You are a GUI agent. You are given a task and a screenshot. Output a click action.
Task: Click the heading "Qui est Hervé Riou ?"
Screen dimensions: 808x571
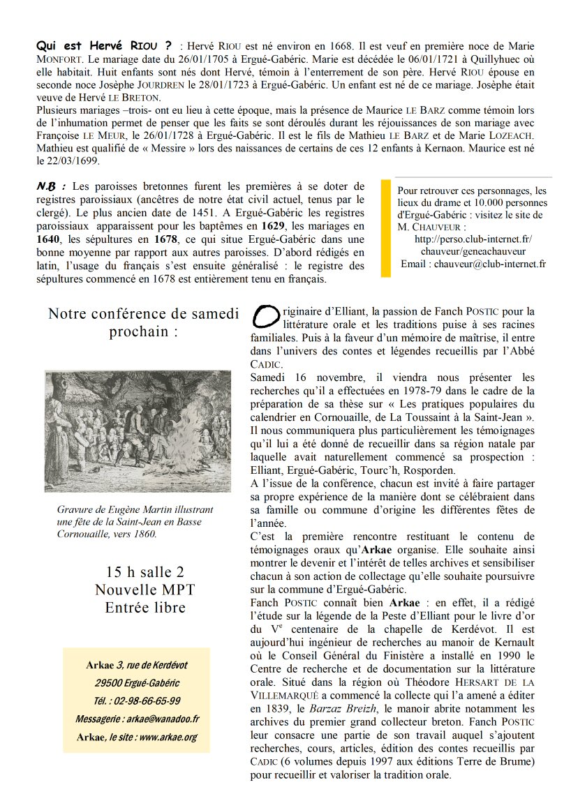coord(104,46)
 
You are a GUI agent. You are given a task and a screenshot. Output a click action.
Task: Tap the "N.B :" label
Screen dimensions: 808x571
coord(51,186)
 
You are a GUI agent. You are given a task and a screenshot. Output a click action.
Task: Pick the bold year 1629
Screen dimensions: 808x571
coord(274,226)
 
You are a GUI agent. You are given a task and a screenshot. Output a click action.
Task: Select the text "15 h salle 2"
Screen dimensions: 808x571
coord(145,573)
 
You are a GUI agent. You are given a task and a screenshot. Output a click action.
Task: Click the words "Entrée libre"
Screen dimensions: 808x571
coord(145,608)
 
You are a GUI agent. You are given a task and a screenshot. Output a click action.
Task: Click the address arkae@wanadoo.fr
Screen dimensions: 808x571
coord(167,719)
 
